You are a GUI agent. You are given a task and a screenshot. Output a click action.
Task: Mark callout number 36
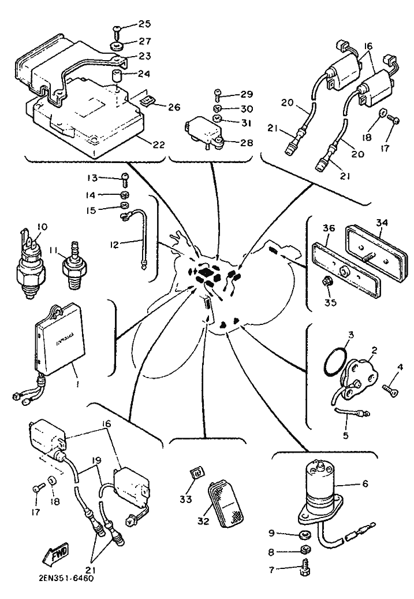click(328, 228)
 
